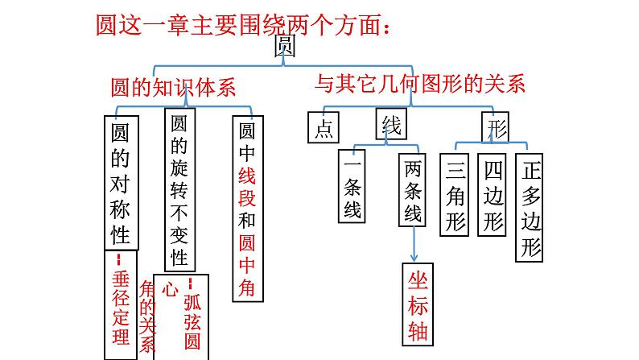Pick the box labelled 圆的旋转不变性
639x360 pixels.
[x=180, y=190]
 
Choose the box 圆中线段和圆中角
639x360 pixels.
[x=247, y=209]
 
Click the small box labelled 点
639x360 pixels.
[x=324, y=128]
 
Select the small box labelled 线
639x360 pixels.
[x=390, y=125]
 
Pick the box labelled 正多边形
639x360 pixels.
[x=529, y=209]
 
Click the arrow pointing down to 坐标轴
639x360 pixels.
[x=414, y=242]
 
